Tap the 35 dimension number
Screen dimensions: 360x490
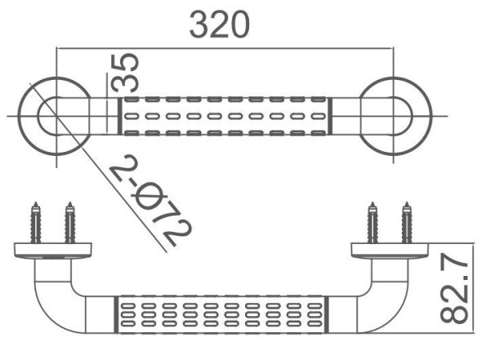click(125, 73)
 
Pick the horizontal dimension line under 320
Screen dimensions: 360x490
click(220, 47)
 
